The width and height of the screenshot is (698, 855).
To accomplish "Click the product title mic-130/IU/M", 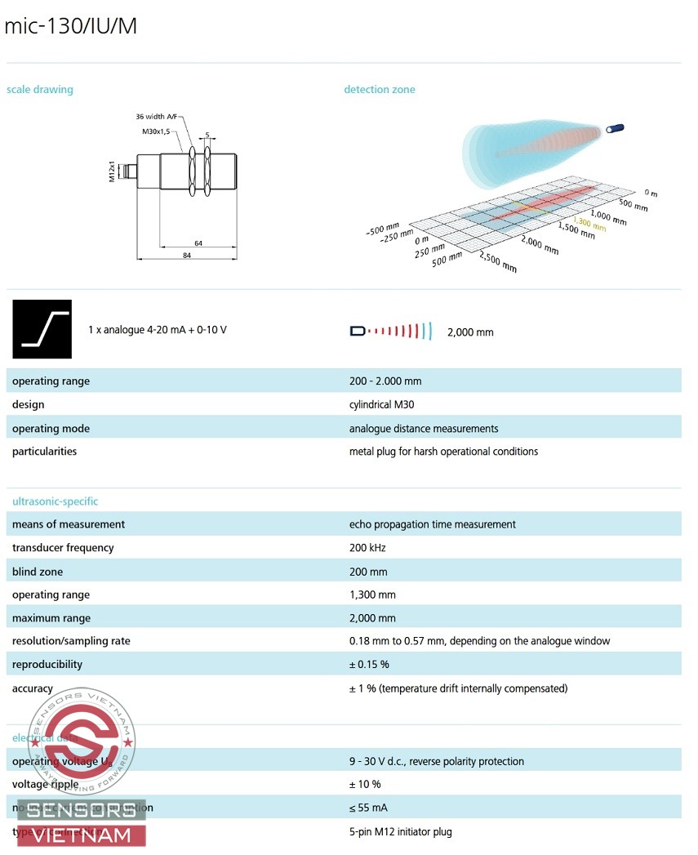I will [x=71, y=26].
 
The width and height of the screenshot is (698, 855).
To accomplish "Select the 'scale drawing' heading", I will [x=40, y=90].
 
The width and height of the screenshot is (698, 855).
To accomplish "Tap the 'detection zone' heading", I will [x=379, y=90].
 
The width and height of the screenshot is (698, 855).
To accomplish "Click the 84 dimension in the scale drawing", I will [x=187, y=256].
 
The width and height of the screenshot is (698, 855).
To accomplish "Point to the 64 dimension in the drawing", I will [x=198, y=243].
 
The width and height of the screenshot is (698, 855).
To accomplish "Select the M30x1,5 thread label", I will [x=158, y=131].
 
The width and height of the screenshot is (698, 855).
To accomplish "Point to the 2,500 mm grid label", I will [x=498, y=263].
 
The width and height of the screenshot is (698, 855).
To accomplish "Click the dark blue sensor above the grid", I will [x=616, y=128].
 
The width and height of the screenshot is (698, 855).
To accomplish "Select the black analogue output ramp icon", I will [x=42, y=329].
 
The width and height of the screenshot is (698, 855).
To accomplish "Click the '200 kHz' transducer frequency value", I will [x=367, y=548].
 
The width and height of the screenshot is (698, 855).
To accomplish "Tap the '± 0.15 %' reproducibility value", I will [x=370, y=665].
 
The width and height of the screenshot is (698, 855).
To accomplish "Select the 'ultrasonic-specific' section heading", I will [x=55, y=501].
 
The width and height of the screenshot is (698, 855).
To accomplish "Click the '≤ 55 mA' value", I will [x=368, y=808].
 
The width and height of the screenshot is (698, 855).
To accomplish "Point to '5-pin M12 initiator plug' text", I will [x=400, y=832].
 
